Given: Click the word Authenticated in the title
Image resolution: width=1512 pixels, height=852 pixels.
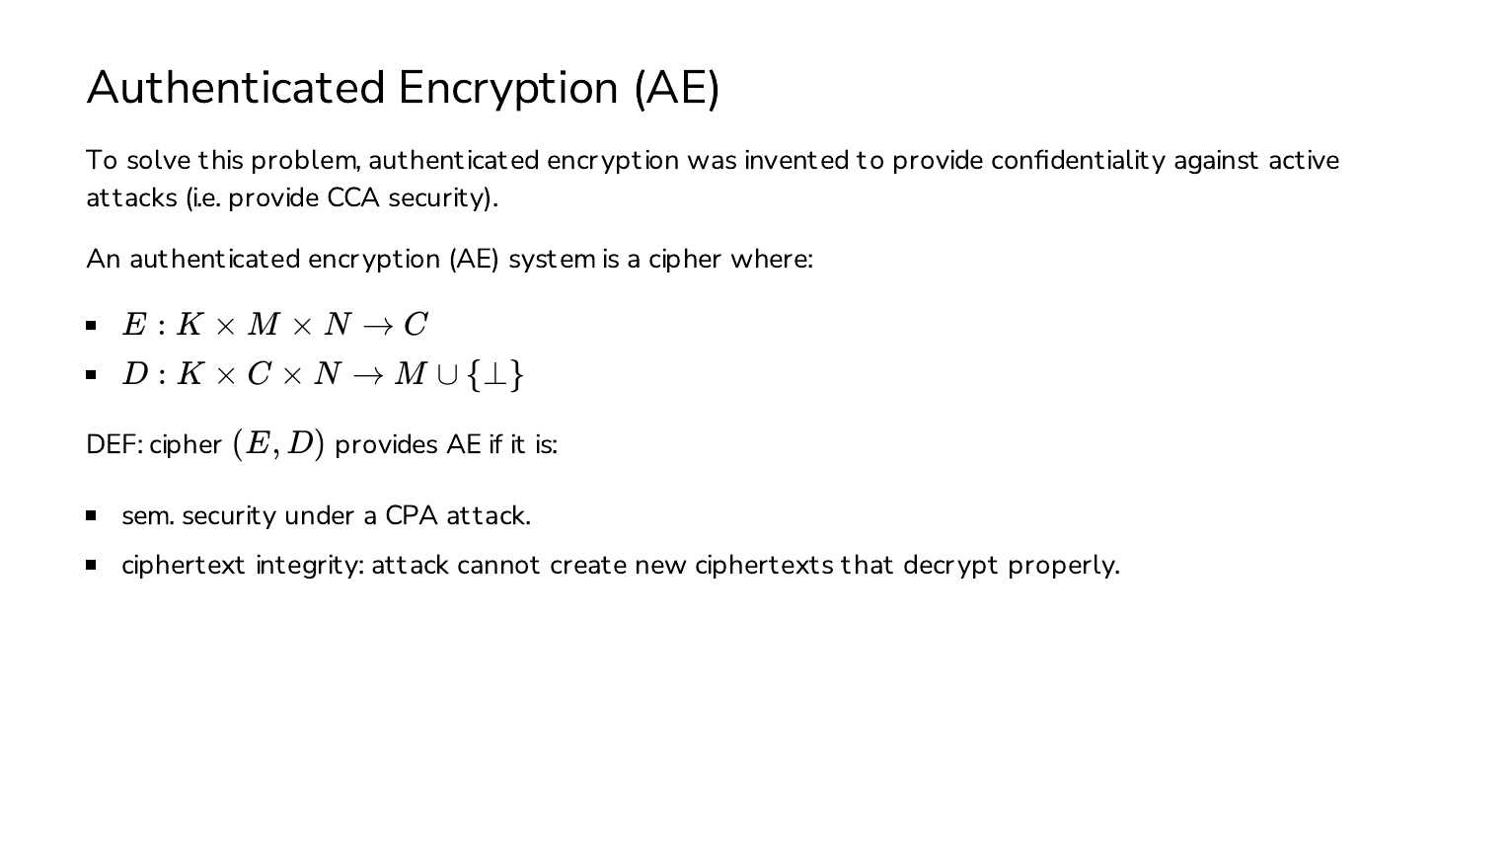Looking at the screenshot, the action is [x=236, y=88].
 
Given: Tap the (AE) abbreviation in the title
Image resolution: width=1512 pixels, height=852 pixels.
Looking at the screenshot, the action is [x=677, y=89].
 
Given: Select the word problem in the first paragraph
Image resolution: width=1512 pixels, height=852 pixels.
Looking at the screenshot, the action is [x=305, y=161].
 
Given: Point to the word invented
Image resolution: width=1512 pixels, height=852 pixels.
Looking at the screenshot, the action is [x=796, y=161].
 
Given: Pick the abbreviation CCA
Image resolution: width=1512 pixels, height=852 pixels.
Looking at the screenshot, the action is [x=353, y=197].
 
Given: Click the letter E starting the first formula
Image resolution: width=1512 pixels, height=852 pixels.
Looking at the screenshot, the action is [x=134, y=324].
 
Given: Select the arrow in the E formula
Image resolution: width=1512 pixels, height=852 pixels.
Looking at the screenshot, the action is [x=377, y=327].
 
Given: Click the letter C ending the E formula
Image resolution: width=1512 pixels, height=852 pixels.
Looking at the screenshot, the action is [x=416, y=324].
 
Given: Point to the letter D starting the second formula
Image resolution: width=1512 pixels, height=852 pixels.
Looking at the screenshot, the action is [x=135, y=374].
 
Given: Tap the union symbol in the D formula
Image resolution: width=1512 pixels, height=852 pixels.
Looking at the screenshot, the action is [x=447, y=375].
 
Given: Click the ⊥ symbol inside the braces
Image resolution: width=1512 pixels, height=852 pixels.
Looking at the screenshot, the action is [x=495, y=375].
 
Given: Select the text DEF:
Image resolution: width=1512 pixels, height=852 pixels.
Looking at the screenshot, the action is [x=114, y=445].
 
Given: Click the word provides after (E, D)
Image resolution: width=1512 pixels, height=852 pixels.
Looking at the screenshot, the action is [x=386, y=445].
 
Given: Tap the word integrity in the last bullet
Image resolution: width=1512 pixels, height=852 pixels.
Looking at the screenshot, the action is [x=310, y=566].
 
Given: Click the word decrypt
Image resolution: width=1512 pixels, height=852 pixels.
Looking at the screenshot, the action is [x=950, y=566].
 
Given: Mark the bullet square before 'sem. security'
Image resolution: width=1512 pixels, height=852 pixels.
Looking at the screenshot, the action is [x=91, y=516].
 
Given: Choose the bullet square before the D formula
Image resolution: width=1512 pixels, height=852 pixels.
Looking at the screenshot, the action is [x=91, y=375].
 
